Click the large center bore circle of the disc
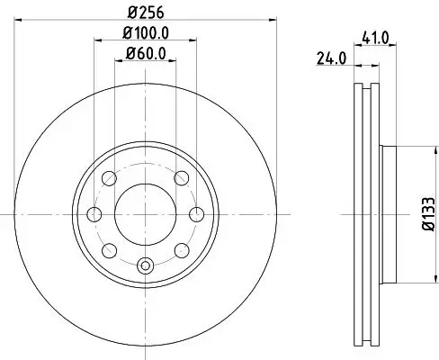click(x=146, y=214)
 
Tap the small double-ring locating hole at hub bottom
click(x=146, y=265)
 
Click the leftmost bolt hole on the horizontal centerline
click(x=94, y=214)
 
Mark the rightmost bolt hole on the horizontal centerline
click(x=197, y=214)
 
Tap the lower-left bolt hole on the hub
click(x=110, y=250)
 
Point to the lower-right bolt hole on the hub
click(x=181, y=250)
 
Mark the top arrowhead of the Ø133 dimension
click(x=405, y=149)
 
